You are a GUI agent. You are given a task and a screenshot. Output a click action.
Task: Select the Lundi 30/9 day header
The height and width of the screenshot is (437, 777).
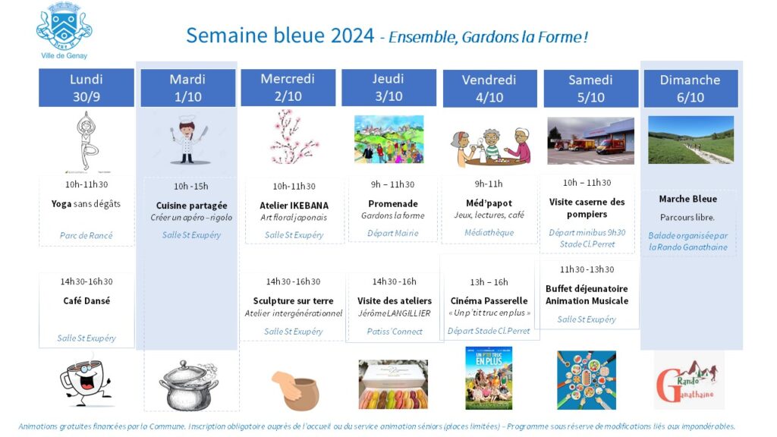87,88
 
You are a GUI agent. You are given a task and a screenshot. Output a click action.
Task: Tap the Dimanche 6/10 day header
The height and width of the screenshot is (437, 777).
690,88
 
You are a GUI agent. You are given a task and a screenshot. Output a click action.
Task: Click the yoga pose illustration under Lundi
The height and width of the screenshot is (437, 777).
87,140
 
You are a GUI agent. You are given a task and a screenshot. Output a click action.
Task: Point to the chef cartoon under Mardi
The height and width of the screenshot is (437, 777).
188,140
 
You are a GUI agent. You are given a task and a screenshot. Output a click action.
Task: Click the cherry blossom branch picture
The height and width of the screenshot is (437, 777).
293,137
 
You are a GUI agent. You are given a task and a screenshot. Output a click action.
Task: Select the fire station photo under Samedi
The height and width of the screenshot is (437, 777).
590,140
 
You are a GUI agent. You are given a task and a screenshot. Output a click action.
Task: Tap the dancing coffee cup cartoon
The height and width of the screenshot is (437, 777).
86,379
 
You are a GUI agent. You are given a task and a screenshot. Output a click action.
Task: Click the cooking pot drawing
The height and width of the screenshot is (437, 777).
189,385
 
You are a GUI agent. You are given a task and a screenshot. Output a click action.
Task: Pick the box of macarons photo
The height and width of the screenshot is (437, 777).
393,384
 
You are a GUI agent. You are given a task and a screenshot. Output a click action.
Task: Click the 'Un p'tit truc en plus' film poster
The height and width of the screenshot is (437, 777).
489,378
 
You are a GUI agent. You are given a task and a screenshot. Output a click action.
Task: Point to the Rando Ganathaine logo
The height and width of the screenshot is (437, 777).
688,381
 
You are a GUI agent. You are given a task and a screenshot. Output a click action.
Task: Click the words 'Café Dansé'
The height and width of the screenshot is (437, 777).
87,300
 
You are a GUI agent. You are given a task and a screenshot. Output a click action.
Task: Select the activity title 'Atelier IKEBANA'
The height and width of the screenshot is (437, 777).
294,205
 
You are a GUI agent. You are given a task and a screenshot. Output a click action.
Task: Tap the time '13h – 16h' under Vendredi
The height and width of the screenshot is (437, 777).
489,282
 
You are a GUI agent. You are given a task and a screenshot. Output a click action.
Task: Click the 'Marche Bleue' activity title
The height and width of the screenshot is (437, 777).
687,199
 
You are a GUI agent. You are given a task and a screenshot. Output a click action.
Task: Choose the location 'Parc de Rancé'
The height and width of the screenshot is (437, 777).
87,235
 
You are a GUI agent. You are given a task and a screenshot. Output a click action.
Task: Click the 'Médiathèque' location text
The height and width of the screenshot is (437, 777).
489,232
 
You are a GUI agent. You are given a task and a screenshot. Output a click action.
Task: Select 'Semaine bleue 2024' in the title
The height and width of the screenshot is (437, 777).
280,36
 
